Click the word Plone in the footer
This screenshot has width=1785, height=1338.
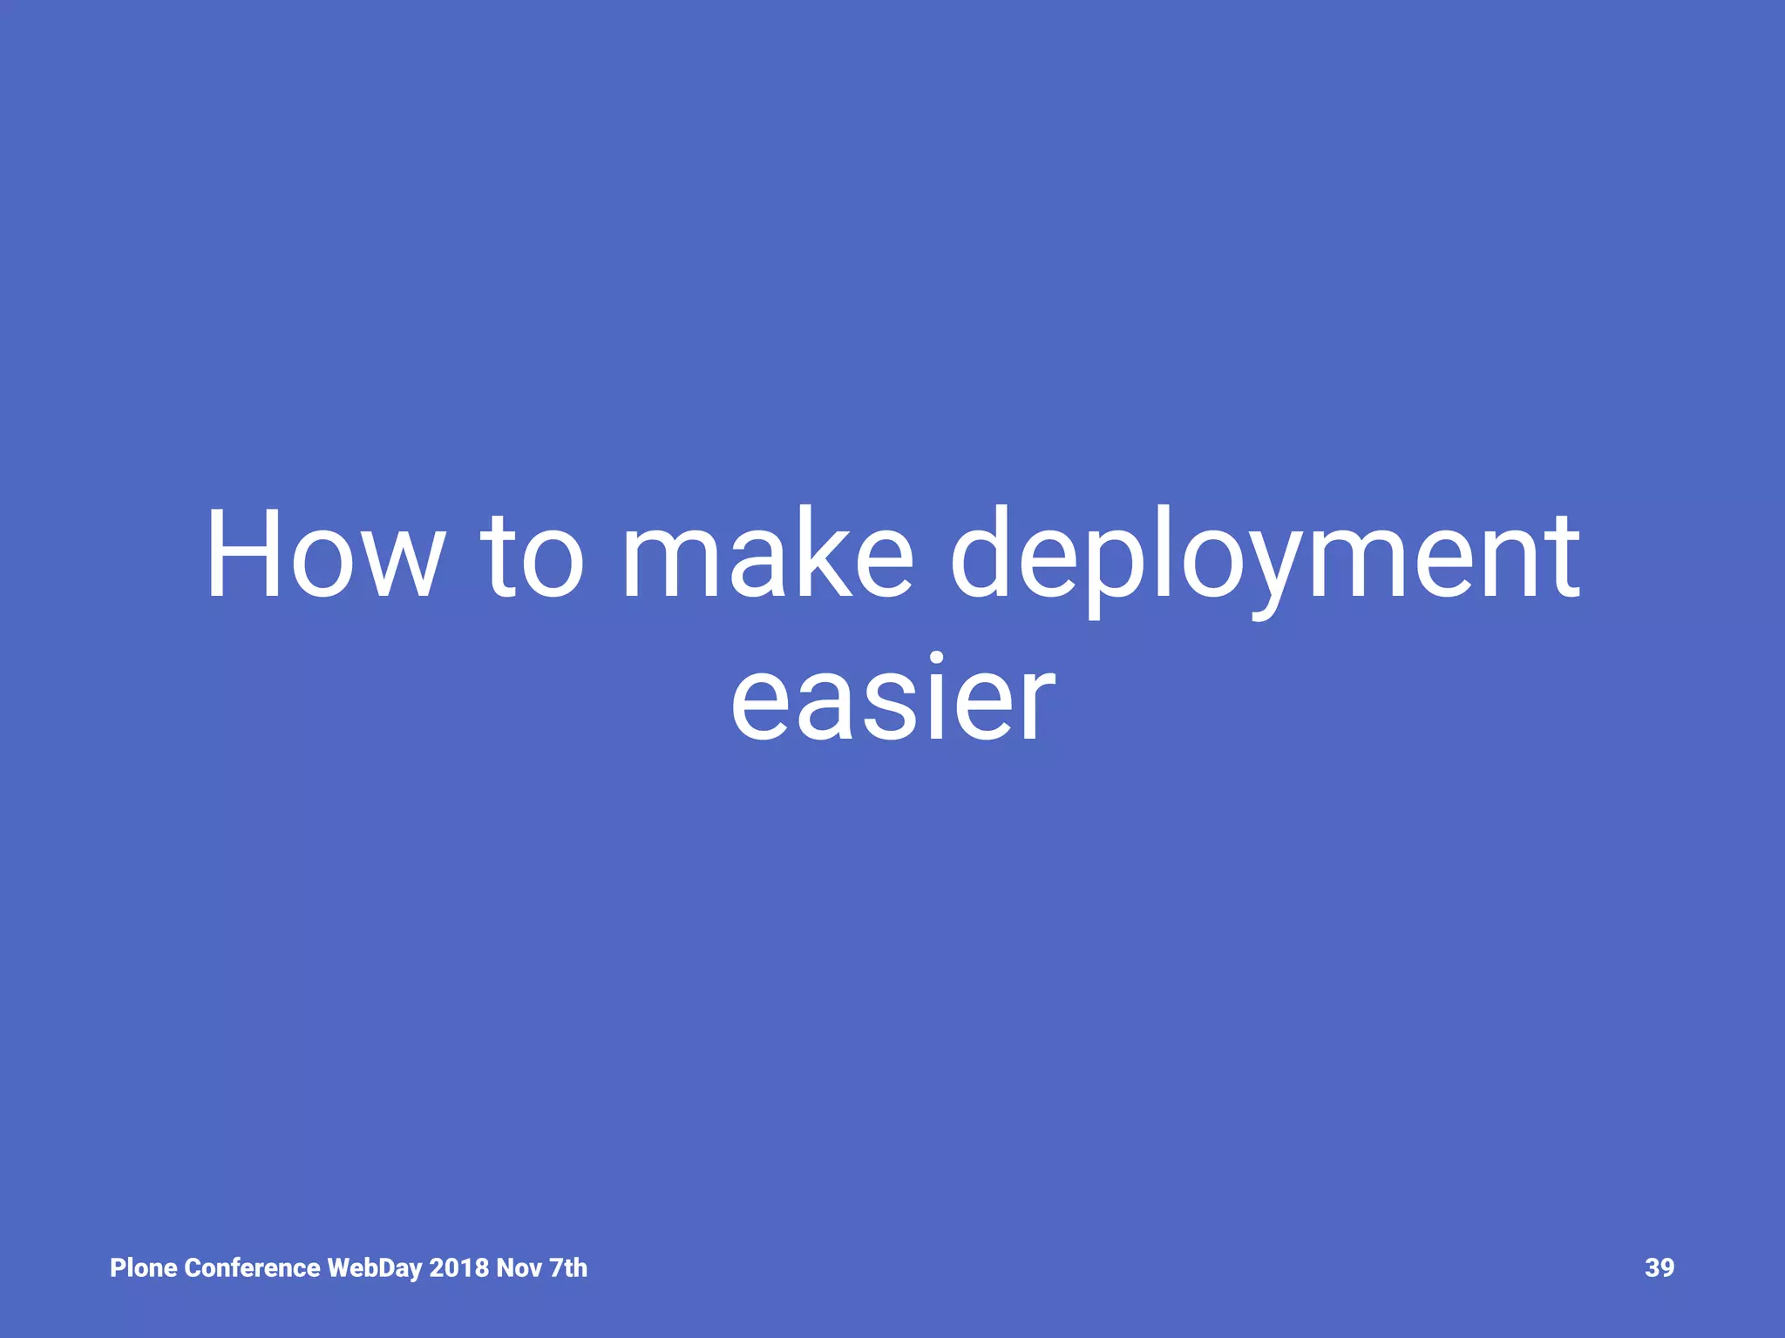point(144,1268)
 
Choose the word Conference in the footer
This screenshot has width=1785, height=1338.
point(253,1268)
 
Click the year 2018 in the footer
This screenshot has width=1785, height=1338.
point(458,1268)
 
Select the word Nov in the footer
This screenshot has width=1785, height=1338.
point(519,1268)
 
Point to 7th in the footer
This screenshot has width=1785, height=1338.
point(568,1268)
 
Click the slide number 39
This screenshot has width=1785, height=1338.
point(1659,1268)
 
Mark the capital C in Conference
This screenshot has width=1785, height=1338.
point(193,1268)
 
